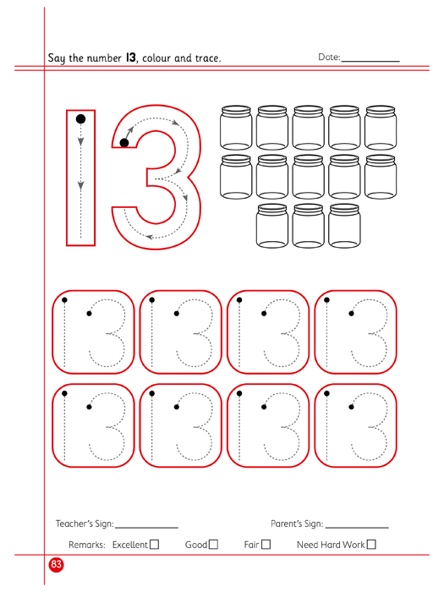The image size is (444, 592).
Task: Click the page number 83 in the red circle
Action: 57,564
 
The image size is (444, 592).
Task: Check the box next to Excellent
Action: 155,545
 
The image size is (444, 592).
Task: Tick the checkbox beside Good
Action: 214,545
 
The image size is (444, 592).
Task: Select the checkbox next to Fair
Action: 266,545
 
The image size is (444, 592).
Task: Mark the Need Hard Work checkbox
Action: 371,545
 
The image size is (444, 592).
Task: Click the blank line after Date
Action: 370,61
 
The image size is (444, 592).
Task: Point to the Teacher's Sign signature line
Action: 147,528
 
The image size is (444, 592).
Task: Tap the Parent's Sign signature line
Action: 357,528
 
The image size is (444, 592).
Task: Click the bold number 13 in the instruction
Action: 130,58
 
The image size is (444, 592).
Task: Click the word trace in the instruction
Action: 208,58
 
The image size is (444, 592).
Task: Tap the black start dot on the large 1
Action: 81,119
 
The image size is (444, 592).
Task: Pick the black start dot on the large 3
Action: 124,143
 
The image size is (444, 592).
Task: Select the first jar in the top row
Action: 236,128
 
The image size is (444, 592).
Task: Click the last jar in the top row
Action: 381,128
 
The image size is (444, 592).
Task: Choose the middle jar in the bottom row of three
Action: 308,226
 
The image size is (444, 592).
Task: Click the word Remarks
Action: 87,545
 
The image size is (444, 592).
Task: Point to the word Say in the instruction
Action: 57,58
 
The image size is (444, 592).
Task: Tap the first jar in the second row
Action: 236,177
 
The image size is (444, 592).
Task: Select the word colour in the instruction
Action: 156,58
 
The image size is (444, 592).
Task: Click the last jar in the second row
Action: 381,177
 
